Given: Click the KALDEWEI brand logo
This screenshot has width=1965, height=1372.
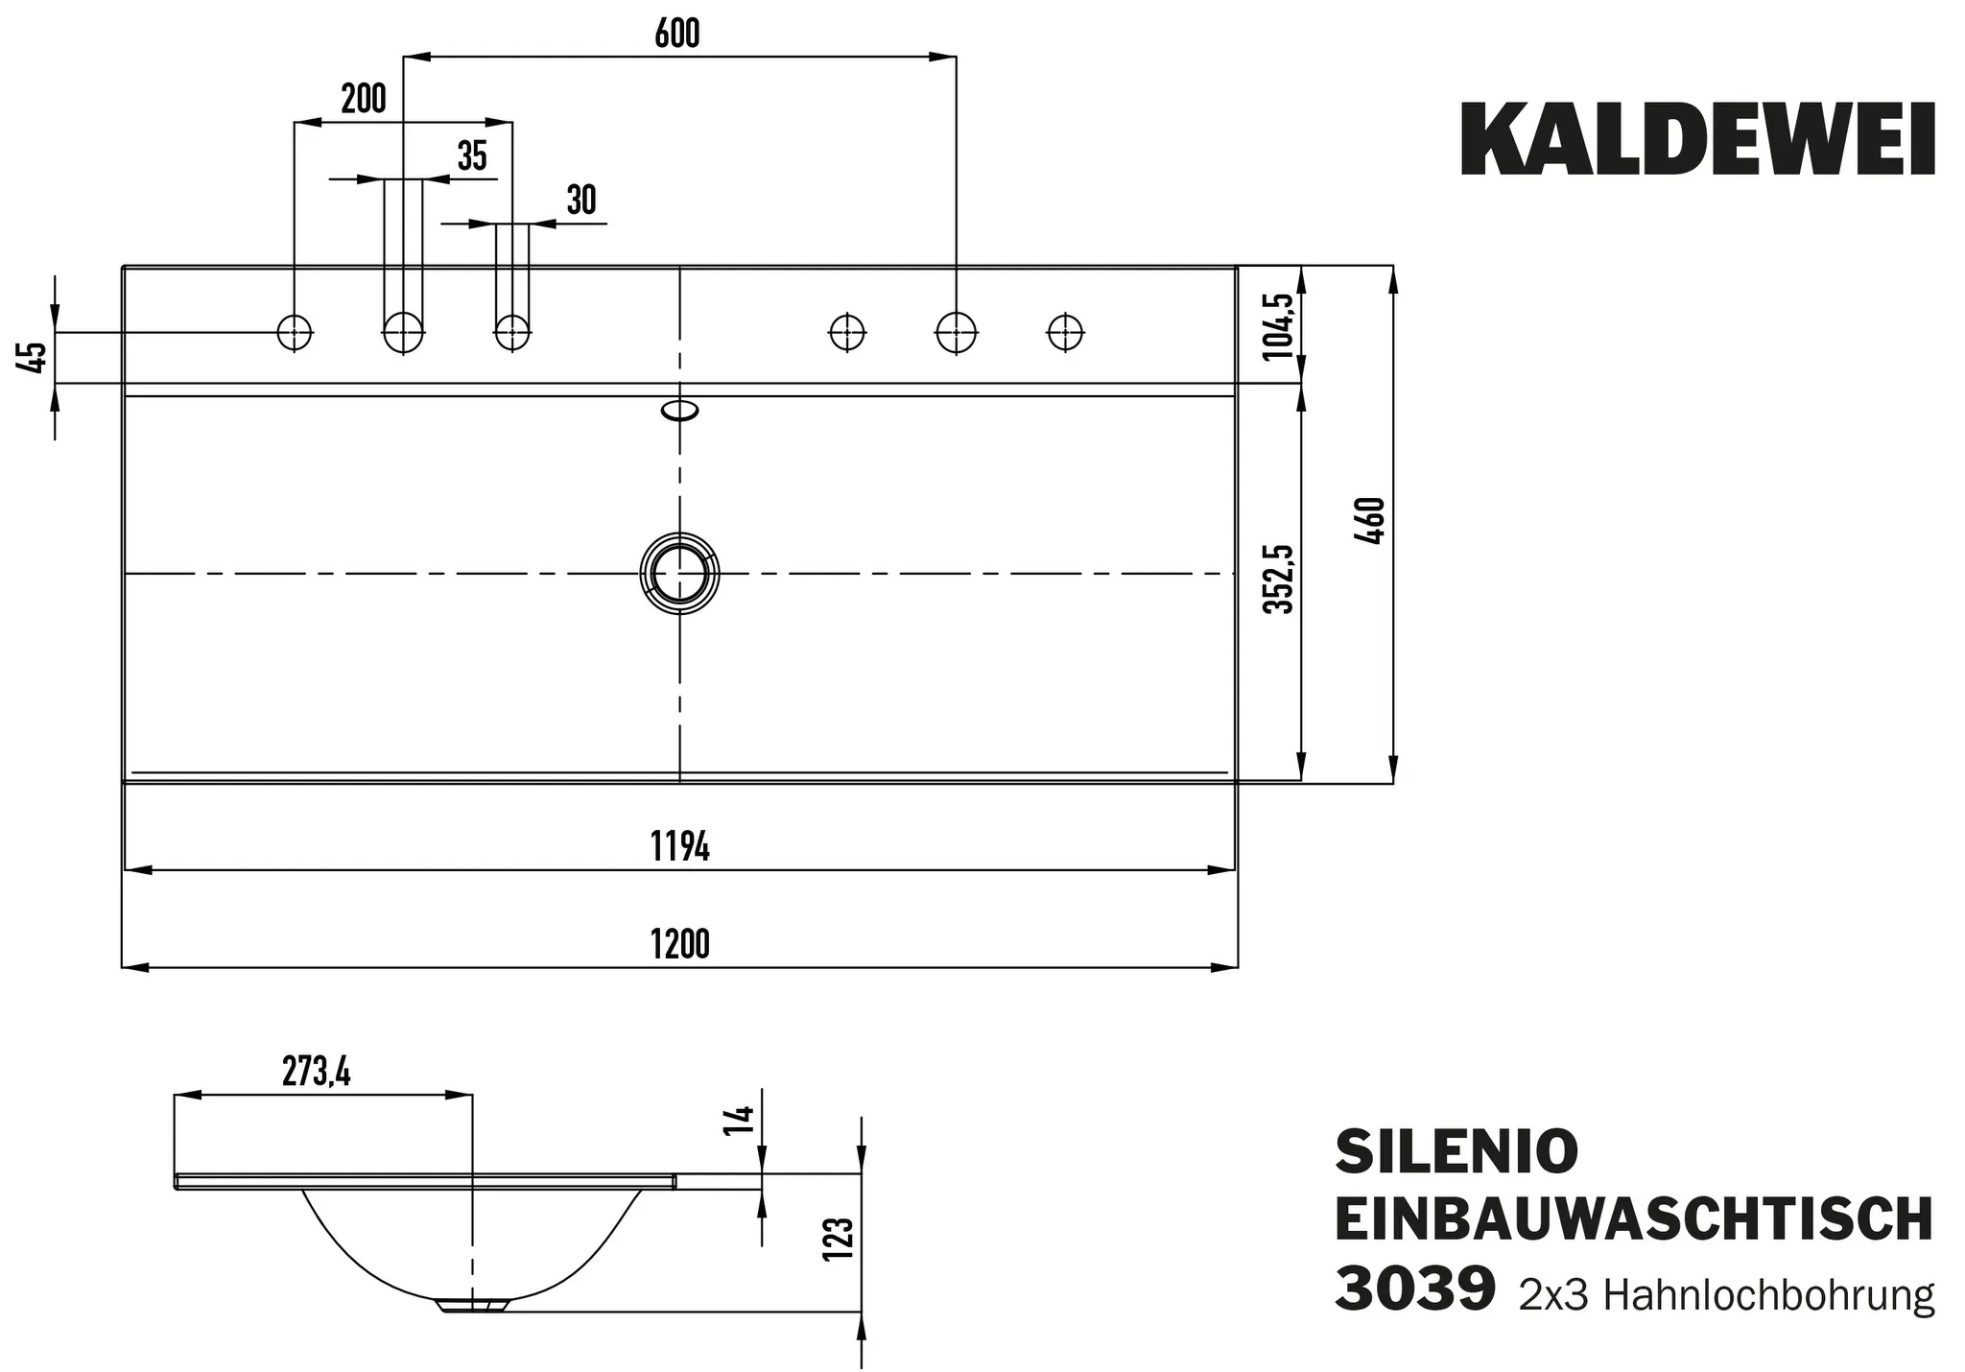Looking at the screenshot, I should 1697,142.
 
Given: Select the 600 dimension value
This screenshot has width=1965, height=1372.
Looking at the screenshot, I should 677,35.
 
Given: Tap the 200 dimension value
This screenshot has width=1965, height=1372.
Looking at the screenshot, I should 364,99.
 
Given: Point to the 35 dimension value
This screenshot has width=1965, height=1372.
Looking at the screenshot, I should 472,155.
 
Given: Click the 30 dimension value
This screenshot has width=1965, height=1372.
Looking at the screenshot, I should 581,201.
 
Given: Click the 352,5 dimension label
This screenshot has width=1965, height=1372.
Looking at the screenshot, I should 1277,579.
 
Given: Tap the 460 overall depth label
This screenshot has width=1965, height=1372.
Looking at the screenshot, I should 1371,521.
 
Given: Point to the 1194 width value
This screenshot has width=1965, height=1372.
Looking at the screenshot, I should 679,847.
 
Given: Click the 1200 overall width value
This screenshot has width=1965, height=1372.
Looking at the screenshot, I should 679,944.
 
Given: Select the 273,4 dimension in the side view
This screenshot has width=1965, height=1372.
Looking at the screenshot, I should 317,1072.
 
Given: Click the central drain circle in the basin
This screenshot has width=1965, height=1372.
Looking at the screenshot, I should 679,574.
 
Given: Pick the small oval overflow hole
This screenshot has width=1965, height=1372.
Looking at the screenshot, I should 679,412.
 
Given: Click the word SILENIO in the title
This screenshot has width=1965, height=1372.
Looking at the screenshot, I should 1456,1151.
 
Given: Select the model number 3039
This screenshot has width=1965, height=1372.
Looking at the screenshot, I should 1415,1289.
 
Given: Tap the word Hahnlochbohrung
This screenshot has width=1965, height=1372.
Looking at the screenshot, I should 1768,1295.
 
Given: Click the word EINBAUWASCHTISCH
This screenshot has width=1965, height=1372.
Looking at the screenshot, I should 1633,1220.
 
